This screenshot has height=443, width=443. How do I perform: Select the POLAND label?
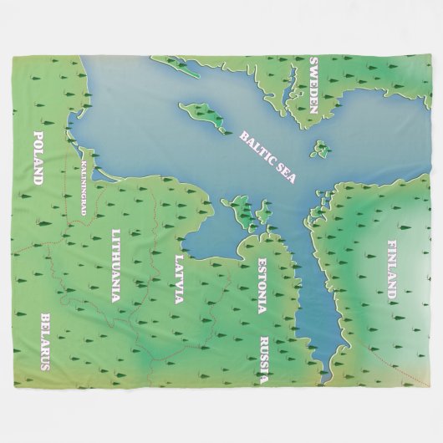(x=38, y=157)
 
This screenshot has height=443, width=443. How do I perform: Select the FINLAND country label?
(x=393, y=269)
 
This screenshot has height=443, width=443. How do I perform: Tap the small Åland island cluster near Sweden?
(x=320, y=150)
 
